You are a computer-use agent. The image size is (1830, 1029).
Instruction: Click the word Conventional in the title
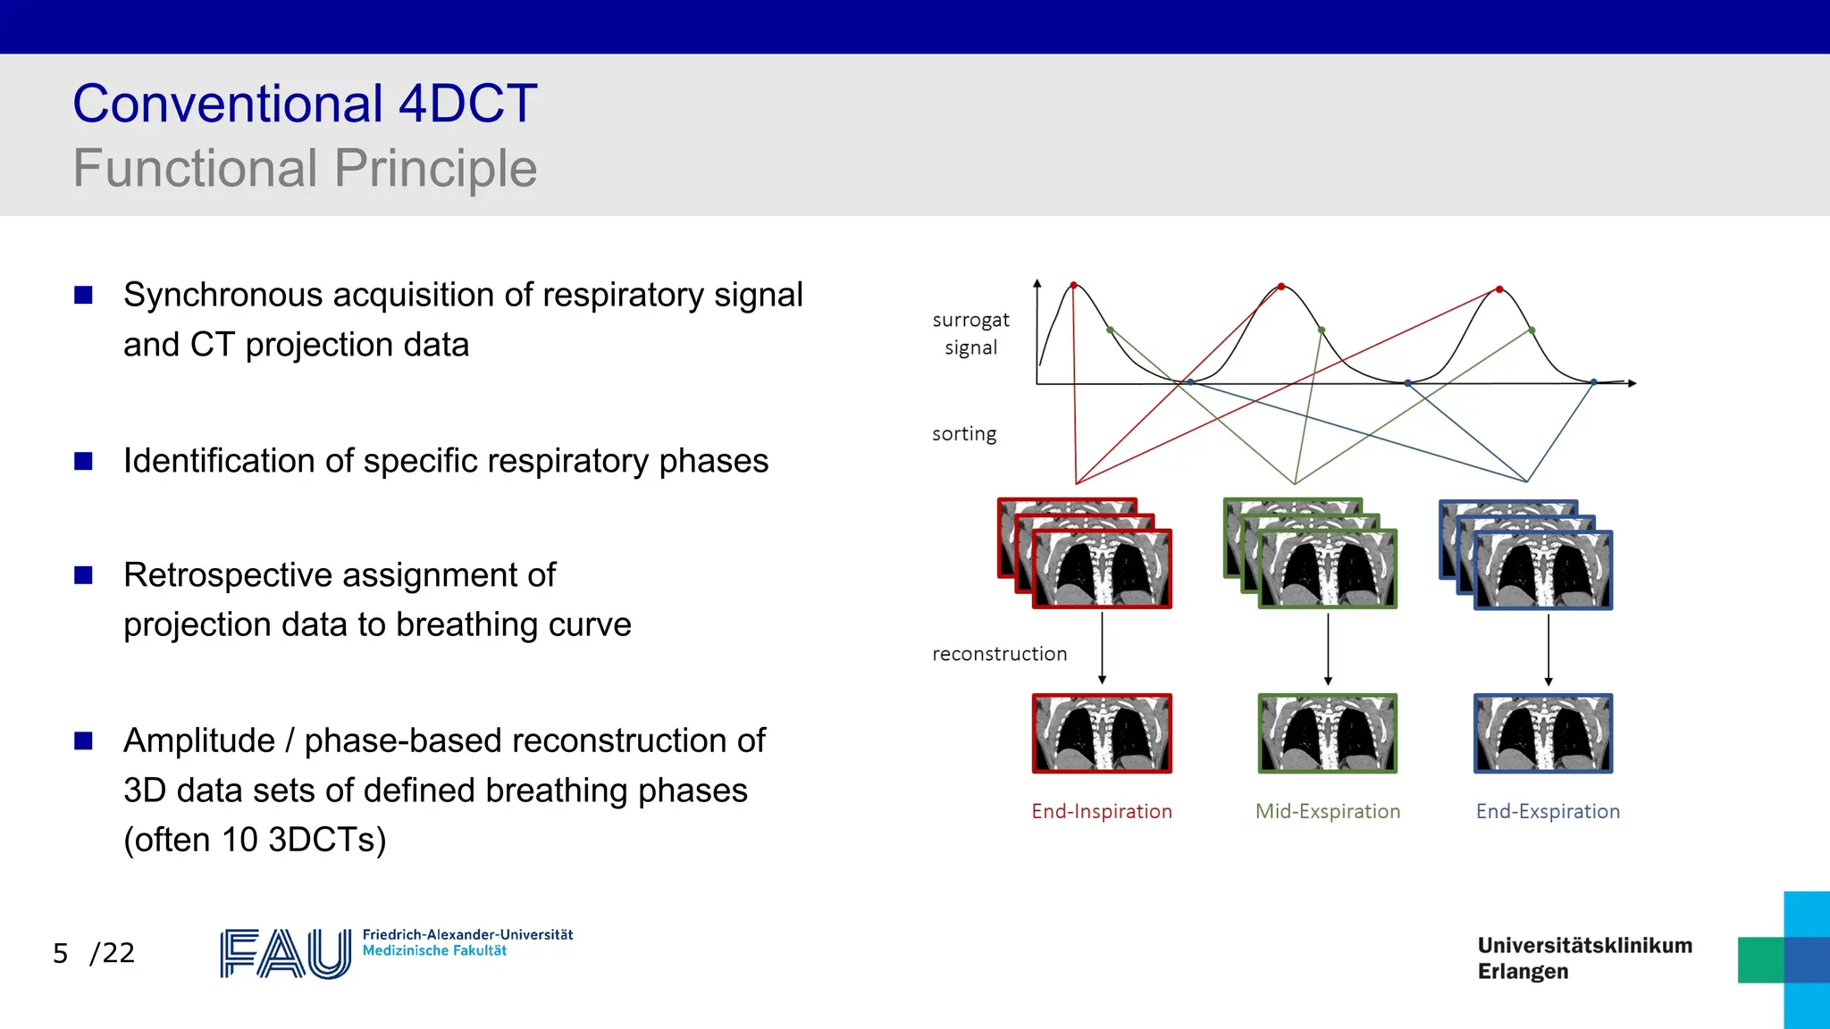[228, 104]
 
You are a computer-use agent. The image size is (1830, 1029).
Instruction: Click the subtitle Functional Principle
[305, 168]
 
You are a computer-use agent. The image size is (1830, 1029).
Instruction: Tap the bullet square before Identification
[84, 461]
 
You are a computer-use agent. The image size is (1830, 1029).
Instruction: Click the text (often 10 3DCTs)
[255, 840]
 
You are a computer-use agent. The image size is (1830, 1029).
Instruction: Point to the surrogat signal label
[970, 333]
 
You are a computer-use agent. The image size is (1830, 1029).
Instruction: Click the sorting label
[963, 434]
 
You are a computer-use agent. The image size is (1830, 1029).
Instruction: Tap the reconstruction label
[999, 654]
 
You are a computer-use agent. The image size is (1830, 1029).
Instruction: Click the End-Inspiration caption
[1101, 811]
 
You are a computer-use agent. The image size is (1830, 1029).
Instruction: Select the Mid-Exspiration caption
[1327, 811]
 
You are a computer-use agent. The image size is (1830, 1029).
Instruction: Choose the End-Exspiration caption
[1548, 811]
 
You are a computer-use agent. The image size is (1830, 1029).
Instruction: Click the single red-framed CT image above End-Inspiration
[1102, 733]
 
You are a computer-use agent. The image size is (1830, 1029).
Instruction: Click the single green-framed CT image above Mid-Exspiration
[1327, 733]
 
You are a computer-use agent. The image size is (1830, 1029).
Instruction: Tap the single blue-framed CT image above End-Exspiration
[1543, 733]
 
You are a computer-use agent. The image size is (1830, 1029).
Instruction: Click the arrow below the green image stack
[1328, 648]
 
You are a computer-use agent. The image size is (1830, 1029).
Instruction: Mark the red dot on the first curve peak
[1074, 285]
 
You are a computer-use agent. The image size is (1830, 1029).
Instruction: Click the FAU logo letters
[285, 954]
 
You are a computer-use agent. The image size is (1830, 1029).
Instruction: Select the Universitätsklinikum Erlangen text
[1584, 958]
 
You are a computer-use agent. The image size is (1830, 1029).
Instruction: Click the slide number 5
[60, 953]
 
